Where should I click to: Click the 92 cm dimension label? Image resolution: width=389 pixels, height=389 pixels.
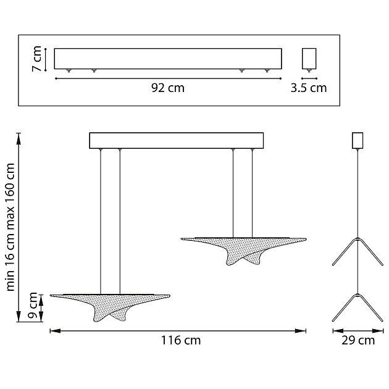pos(168,88)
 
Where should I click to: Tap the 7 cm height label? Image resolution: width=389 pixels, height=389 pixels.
pos(37,59)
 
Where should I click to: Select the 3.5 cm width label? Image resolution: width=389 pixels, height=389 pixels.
pos(309,88)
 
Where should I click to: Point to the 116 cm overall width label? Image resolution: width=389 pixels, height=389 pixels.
pos(181,340)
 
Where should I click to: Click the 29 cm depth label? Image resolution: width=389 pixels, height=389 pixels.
pos(358,340)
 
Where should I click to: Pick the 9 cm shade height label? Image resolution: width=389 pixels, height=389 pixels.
pos(33,306)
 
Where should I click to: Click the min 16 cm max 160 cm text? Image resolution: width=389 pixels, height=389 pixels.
pos(10,227)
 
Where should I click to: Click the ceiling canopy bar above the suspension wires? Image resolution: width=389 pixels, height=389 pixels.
pos(177,140)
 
